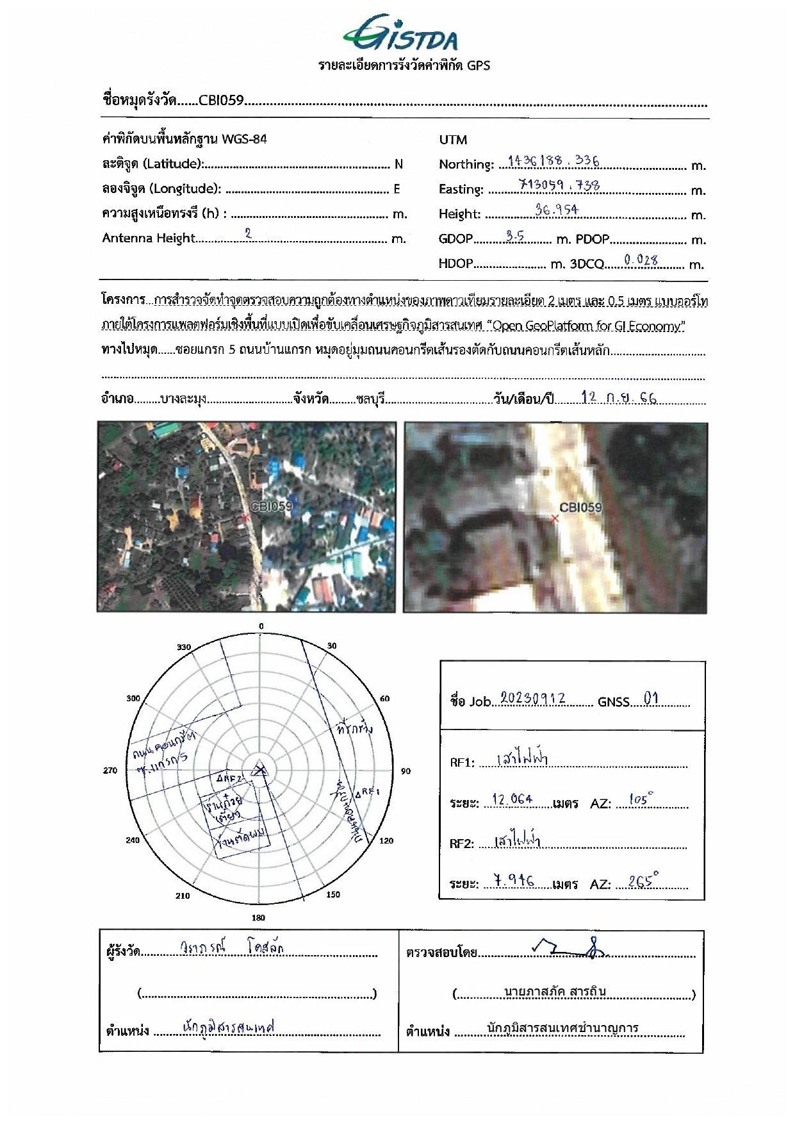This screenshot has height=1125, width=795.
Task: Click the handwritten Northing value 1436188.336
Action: pos(553,160)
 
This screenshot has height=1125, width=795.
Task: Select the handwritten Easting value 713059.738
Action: pos(559,185)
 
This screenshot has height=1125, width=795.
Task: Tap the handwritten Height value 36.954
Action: pos(557,210)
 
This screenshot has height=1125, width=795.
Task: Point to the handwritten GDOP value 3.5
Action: pos(514,236)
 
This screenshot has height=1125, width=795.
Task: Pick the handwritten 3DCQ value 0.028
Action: pos(641,260)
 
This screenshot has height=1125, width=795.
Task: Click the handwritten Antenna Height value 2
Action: pos(249,234)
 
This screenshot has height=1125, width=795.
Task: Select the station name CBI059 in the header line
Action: pos(221,101)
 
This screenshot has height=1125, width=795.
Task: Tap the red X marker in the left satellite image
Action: pos(245,517)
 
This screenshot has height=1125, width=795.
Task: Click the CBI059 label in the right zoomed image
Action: pos(580,508)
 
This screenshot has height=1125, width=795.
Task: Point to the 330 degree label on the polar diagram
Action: pos(184,647)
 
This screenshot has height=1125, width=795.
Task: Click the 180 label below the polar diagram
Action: pos(258,918)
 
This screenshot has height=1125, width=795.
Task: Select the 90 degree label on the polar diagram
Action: pos(406,771)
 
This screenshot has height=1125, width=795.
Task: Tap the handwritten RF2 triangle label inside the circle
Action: pos(229,778)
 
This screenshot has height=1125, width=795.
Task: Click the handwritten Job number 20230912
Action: pos(533,698)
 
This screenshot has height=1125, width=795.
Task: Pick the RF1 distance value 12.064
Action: pos(512,799)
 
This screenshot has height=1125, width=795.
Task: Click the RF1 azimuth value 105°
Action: pos(641,799)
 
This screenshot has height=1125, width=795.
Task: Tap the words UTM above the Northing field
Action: pos(453,140)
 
